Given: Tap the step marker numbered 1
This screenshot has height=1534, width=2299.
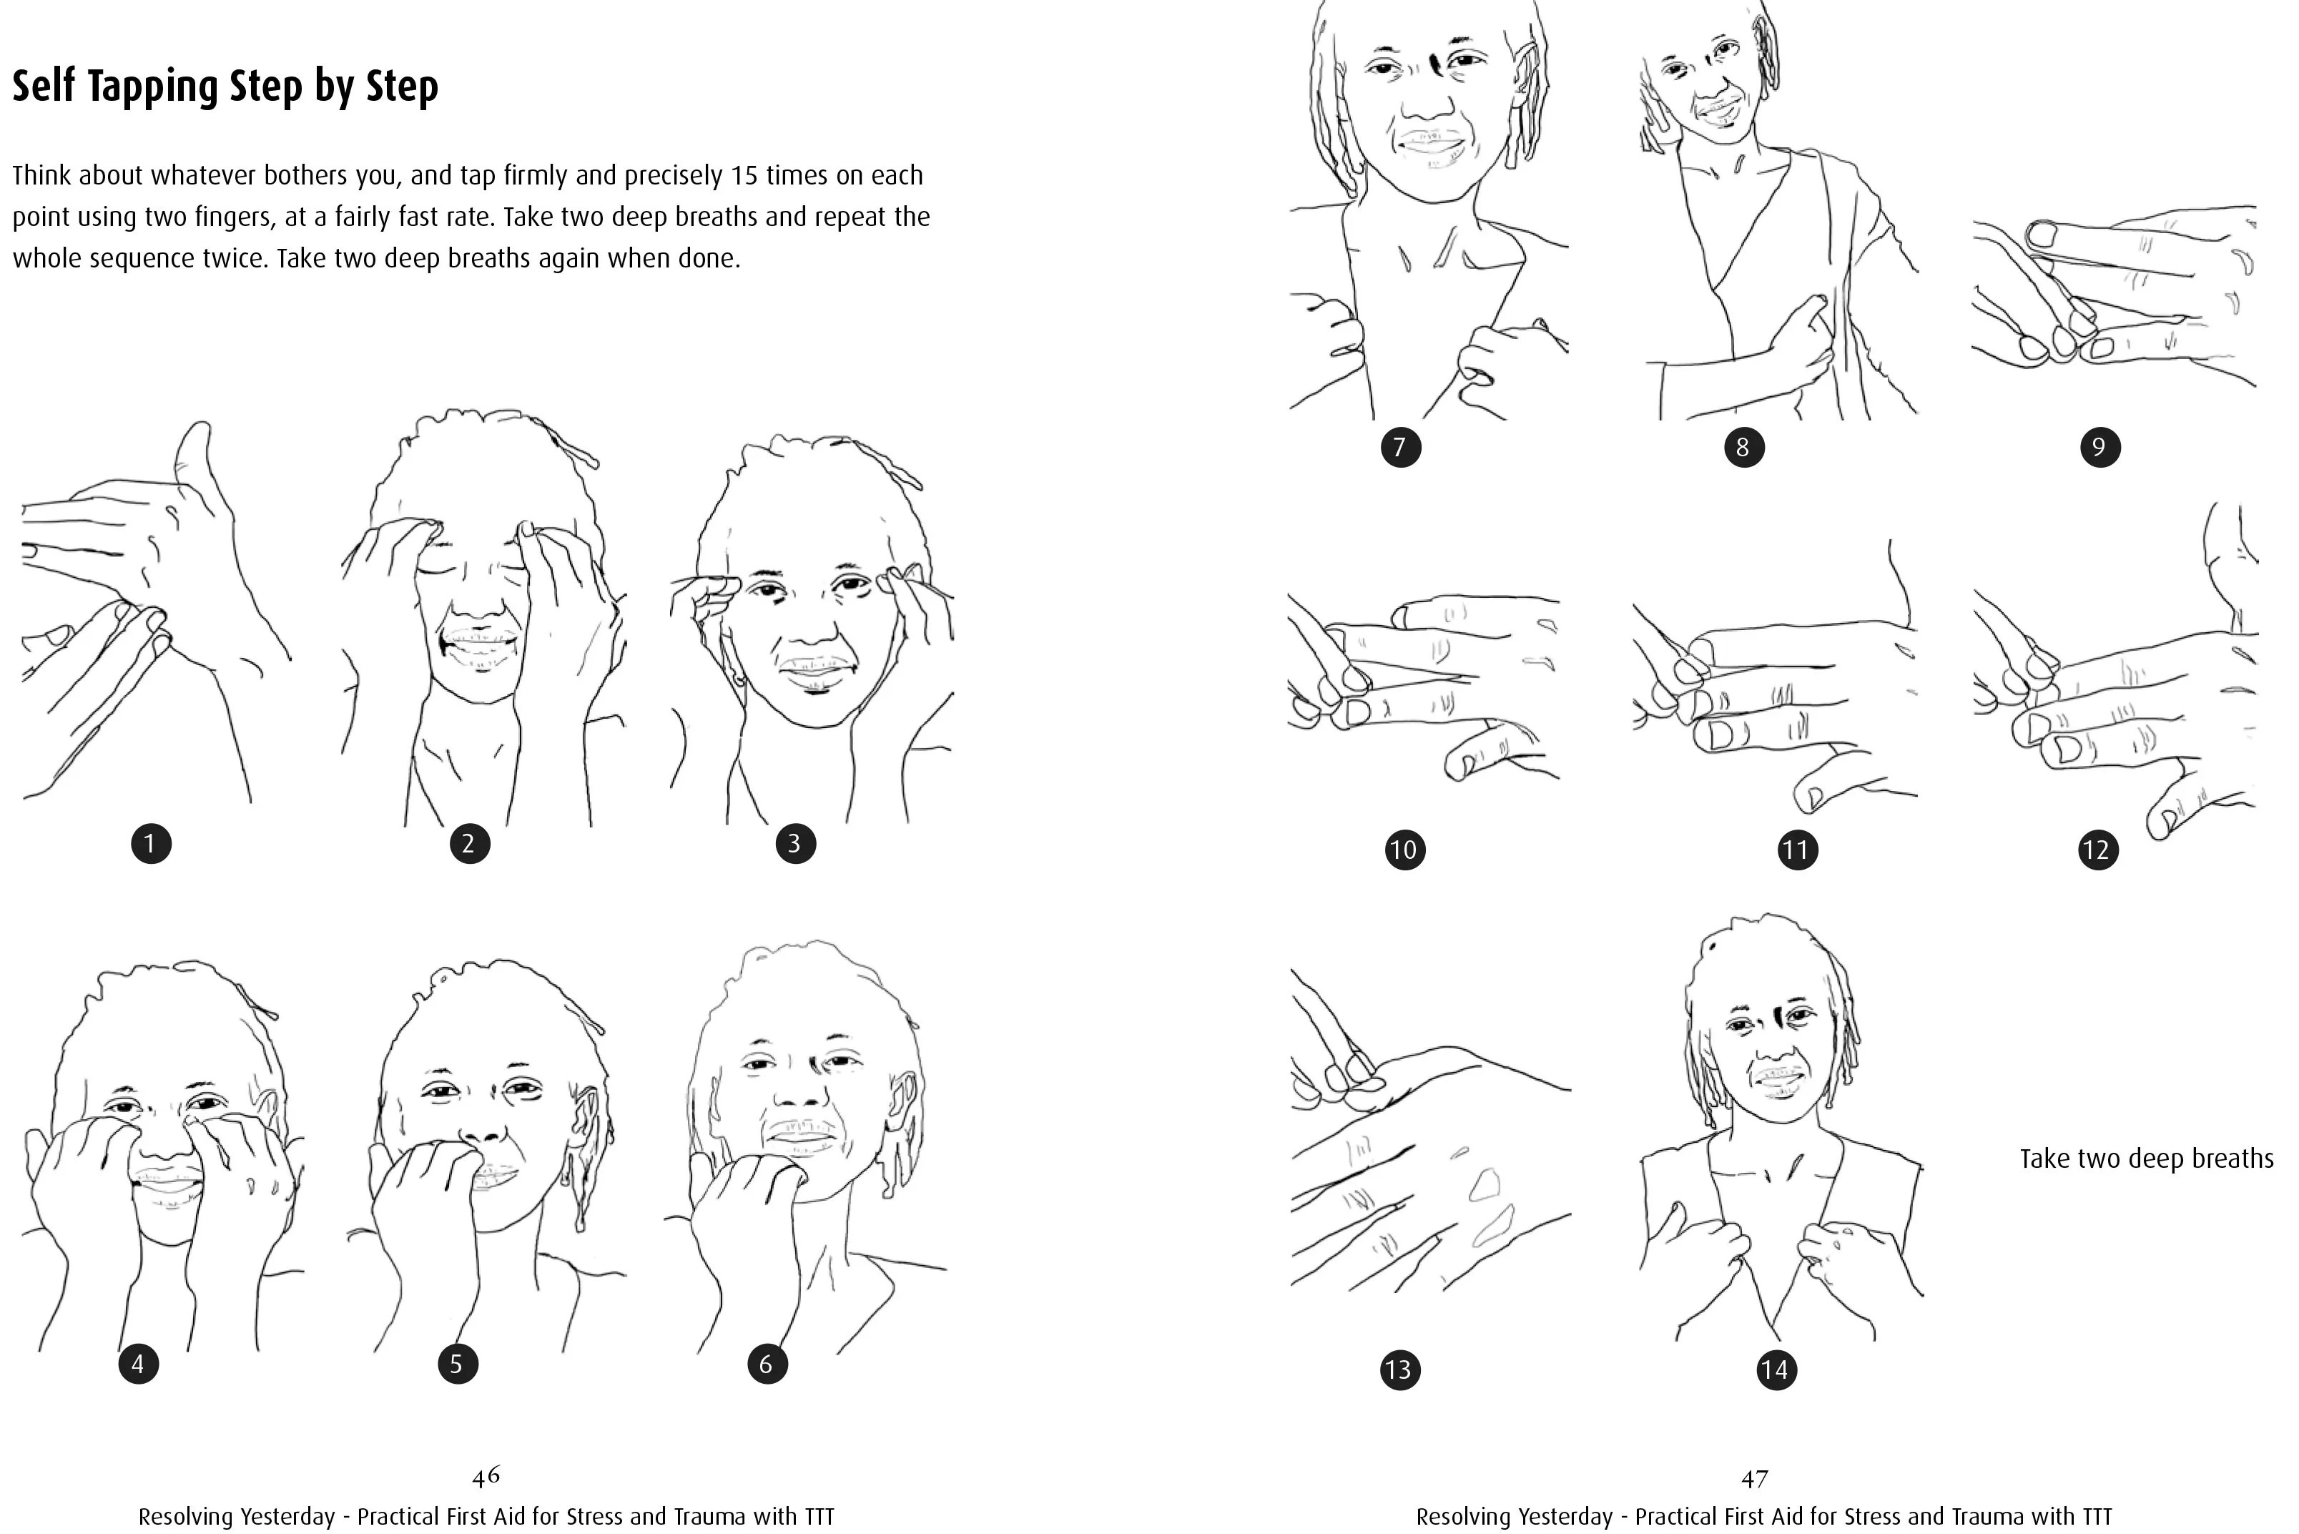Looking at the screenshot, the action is (x=151, y=843).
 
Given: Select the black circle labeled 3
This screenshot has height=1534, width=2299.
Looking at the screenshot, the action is (x=795, y=843).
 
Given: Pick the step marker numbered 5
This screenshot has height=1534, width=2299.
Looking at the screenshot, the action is (x=457, y=1364).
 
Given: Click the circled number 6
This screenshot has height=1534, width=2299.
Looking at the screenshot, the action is (x=767, y=1364).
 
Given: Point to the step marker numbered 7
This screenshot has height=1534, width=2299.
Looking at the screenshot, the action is (x=1400, y=447).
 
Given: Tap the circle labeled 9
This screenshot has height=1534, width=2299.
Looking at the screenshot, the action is (x=2099, y=447).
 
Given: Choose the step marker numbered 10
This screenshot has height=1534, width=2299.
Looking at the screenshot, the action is (x=1404, y=849).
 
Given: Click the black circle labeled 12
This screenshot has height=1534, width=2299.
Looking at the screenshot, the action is (x=2097, y=849).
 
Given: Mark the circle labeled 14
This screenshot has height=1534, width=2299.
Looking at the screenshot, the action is (x=1776, y=1370).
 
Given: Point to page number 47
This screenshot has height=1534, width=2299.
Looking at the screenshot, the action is (x=1755, y=1478).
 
